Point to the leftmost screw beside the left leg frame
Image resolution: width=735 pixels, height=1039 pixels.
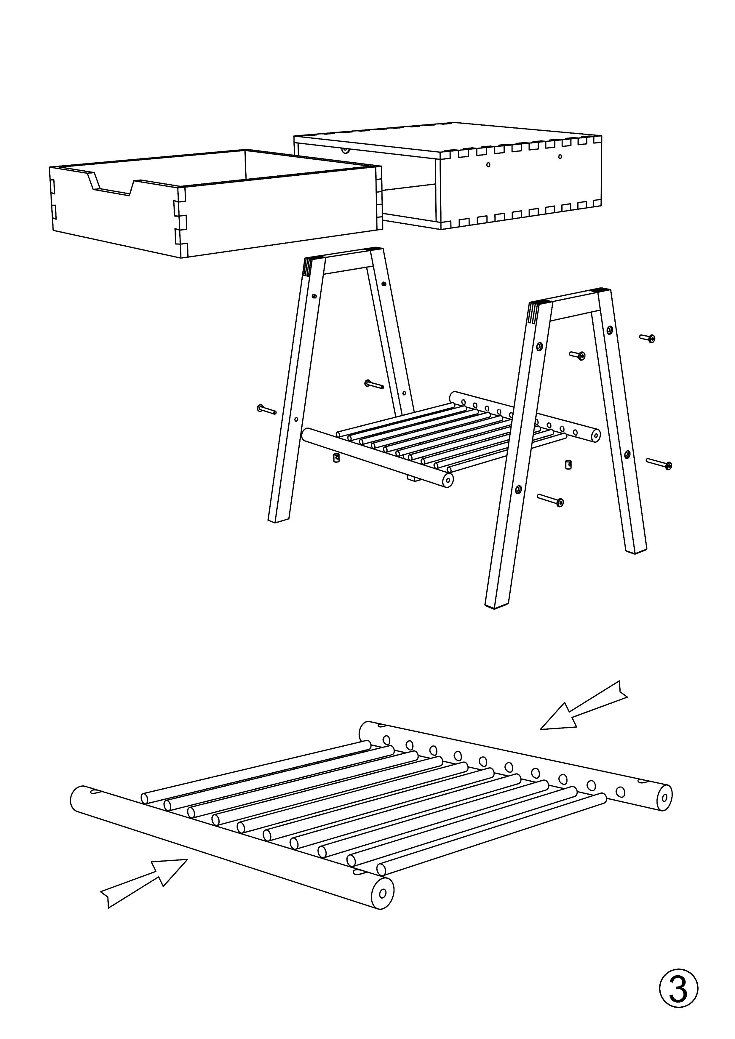pos(266,409)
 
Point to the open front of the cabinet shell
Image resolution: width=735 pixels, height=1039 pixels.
pos(367,185)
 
